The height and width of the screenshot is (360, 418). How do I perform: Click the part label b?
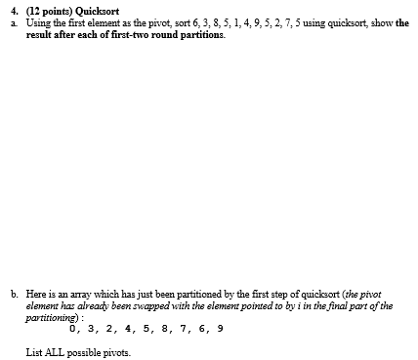tap(13, 294)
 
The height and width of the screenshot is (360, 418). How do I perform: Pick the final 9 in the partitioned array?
tap(220, 329)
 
